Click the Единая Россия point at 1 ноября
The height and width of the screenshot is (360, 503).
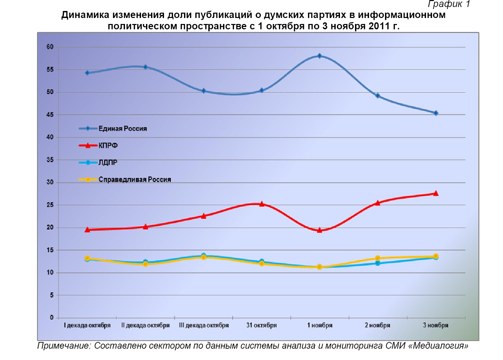319,56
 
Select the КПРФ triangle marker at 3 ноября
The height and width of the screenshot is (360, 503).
436,193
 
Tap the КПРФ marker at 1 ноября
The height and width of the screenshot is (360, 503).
319,230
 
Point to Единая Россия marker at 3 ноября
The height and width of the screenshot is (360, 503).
436,113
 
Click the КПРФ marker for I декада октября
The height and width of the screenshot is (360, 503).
87,229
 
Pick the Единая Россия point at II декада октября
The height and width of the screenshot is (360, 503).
145,67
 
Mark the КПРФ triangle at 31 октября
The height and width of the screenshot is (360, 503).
262,204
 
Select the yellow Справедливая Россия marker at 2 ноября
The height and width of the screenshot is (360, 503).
378,258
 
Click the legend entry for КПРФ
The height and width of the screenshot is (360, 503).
108,146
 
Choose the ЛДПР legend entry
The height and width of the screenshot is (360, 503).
108,163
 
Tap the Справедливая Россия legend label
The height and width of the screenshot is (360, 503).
135,180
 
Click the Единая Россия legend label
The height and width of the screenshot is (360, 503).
122,129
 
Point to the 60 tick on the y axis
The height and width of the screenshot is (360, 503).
50,47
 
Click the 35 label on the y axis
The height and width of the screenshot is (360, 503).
50,160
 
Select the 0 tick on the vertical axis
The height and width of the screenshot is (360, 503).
52,317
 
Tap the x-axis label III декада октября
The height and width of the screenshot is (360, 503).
204,325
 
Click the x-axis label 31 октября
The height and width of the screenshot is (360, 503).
262,325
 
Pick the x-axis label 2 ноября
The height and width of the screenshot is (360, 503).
377,325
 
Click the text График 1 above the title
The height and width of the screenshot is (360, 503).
449,4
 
